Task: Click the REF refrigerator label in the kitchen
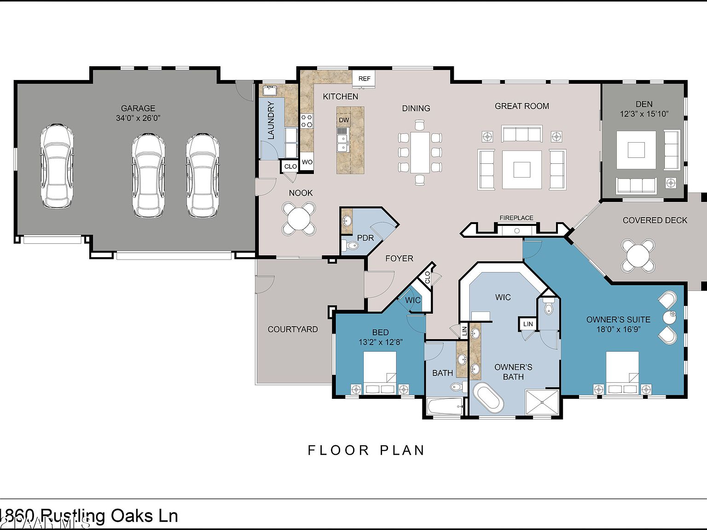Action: tap(364, 79)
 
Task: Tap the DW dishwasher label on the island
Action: tap(344, 120)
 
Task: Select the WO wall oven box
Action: tap(307, 162)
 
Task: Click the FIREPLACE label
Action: tap(516, 218)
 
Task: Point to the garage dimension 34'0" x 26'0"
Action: tap(138, 118)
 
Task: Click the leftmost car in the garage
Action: tap(57, 166)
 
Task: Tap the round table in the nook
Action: tap(299, 219)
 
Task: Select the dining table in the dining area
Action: tap(420, 152)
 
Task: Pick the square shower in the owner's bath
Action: tap(543, 403)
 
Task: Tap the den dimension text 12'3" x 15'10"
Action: tap(644, 114)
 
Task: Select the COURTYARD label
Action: tap(293, 329)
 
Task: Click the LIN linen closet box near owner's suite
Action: tap(528, 324)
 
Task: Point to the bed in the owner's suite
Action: tap(622, 373)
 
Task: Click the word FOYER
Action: tap(399, 259)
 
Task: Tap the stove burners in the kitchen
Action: tap(307, 121)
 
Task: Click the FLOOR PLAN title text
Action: tap(366, 450)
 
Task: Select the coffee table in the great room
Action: tap(522, 169)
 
